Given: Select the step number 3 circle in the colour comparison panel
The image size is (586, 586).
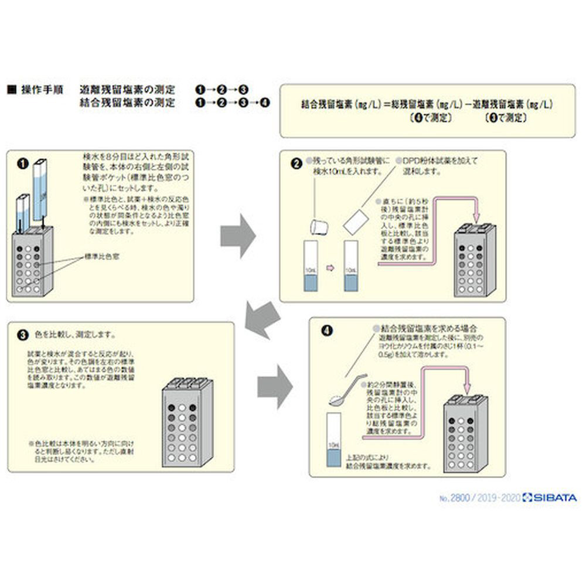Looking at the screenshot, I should [x=23, y=336].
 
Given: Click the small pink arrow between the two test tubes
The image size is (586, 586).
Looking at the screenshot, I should [x=330, y=268].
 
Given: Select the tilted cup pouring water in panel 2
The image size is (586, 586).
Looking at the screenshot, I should [x=319, y=226].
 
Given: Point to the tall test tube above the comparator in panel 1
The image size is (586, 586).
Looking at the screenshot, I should [x=40, y=188].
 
